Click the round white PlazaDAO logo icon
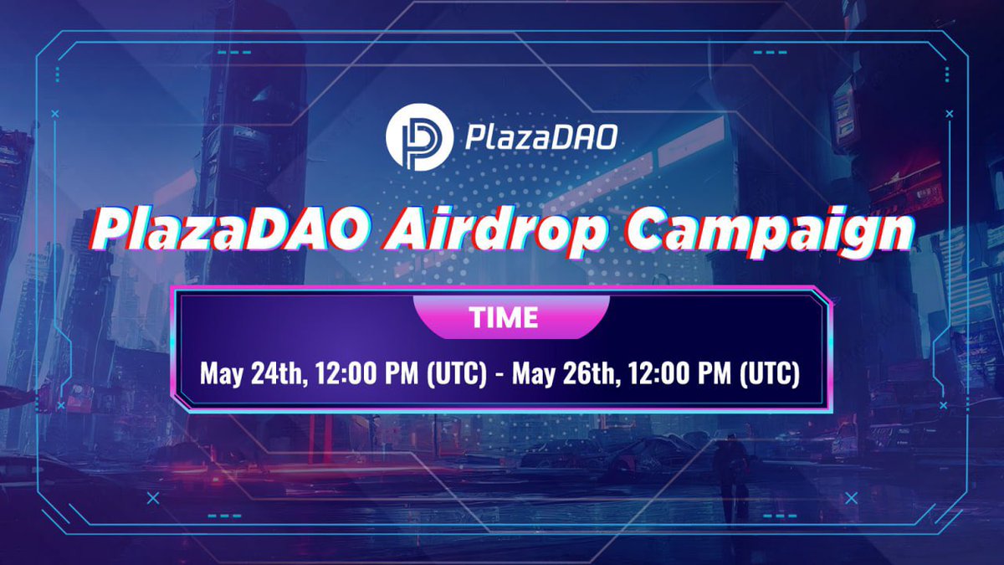pos(418,137)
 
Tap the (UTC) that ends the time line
pos(770,373)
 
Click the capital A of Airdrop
pos(405,230)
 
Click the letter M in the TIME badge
pos(514,318)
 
